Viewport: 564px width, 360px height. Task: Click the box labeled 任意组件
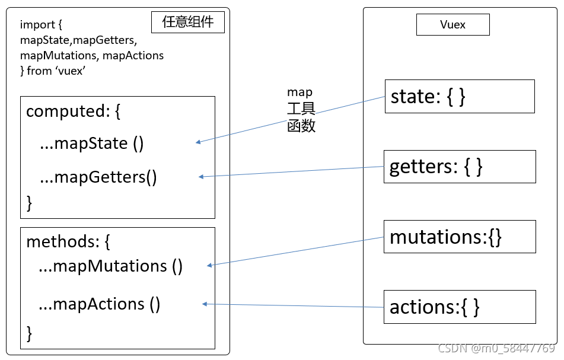coord(188,23)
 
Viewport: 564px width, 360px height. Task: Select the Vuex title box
coord(453,25)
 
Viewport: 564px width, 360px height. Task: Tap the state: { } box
coord(460,96)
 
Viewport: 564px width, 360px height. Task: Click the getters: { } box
coord(460,166)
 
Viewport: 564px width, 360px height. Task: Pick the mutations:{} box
coord(460,237)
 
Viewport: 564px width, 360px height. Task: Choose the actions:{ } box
coord(460,307)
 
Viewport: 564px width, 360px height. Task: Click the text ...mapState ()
coord(92,144)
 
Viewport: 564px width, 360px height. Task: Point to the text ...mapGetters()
coord(98,177)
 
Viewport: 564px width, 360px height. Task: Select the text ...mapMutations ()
coord(110,266)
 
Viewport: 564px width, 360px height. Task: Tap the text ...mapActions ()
coord(99,304)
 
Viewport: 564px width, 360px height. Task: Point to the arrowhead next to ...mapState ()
coord(199,142)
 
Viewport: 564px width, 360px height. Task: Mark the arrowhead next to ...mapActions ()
coord(205,304)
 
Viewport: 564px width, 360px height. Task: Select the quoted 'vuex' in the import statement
coord(71,71)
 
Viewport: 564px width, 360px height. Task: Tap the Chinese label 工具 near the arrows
coord(301,109)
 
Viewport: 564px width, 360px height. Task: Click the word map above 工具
coord(299,93)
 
